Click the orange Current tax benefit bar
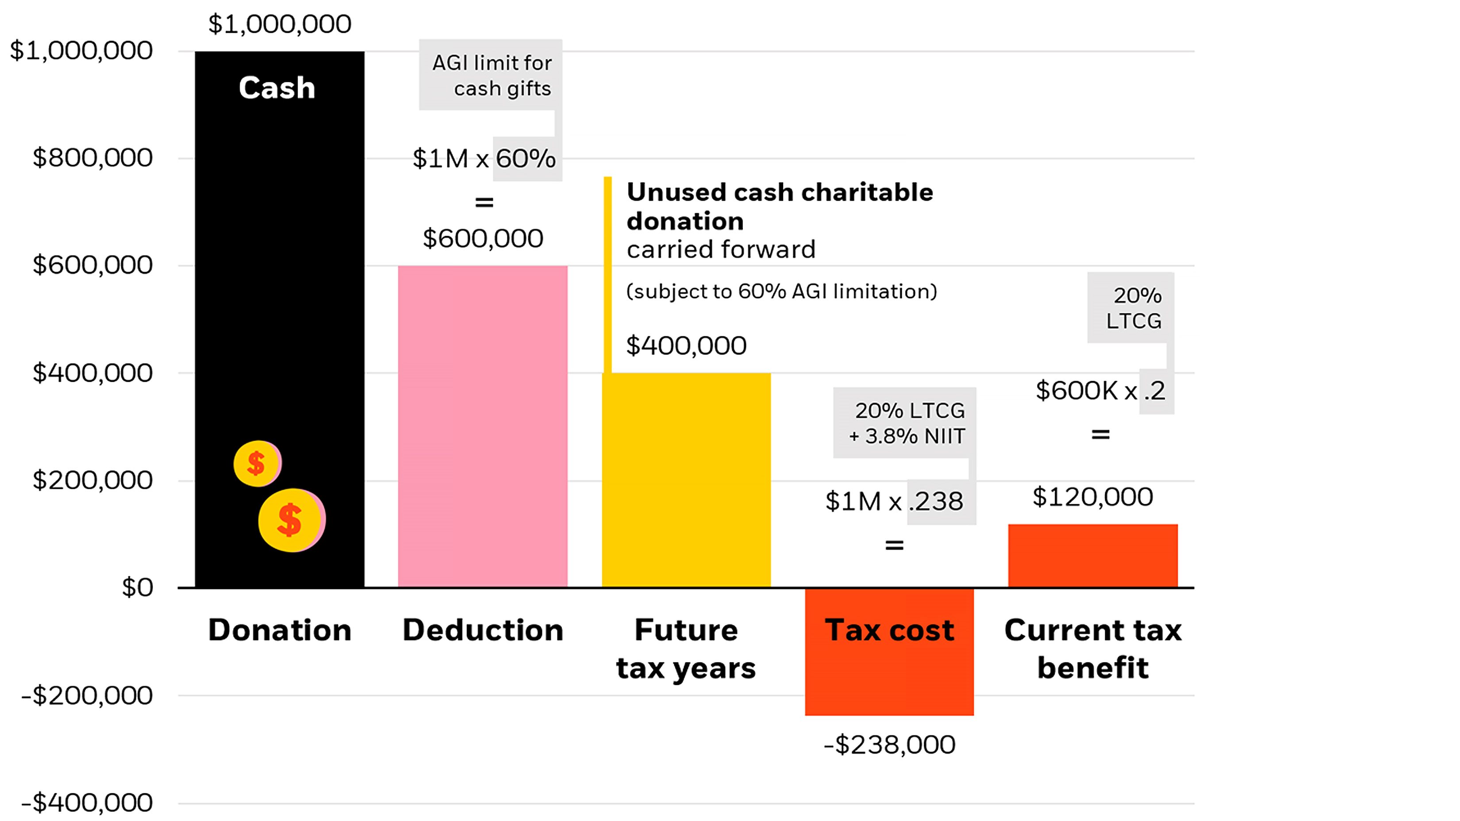1092,555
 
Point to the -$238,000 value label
889,744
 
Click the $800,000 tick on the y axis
92,157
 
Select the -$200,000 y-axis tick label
87,695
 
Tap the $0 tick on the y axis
137,587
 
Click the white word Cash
277,88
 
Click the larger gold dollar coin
291,520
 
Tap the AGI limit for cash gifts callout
491,75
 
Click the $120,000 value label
1092,497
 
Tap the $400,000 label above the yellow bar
686,345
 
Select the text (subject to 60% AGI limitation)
781,291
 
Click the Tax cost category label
889,630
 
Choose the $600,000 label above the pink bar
482,238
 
